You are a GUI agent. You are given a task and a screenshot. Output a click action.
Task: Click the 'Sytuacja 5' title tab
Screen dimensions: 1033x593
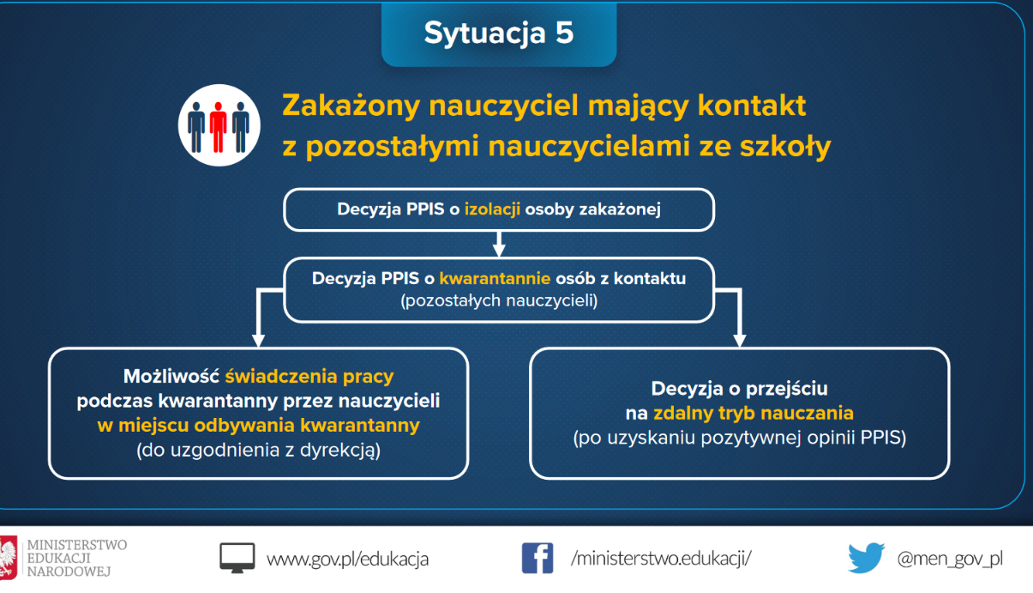tap(499, 33)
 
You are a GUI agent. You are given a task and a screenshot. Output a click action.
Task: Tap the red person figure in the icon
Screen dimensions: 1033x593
tap(218, 127)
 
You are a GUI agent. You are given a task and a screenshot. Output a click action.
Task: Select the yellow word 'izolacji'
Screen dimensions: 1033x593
tap(492, 209)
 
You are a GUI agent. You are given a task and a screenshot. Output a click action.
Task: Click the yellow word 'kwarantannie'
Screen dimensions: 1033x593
tap(495, 279)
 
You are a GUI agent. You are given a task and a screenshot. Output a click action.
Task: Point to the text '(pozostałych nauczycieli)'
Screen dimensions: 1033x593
tap(499, 301)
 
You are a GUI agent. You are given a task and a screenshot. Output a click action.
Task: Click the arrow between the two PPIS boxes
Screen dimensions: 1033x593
tap(499, 244)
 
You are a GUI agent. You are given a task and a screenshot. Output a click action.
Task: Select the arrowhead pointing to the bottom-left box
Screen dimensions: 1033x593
tap(258, 340)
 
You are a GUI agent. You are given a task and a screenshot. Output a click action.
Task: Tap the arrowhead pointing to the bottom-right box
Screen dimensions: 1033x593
tap(740, 340)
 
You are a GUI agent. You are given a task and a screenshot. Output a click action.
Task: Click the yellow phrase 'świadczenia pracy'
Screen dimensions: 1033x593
tap(309, 377)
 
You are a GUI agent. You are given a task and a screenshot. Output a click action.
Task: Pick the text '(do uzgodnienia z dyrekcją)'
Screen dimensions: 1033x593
tap(258, 450)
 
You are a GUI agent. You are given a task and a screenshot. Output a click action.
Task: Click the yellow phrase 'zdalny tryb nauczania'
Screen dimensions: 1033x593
tap(753, 413)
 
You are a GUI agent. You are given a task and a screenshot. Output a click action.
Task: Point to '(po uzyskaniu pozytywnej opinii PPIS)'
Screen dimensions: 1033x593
tap(740, 438)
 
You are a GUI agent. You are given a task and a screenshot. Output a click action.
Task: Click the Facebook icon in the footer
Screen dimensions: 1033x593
tap(538, 559)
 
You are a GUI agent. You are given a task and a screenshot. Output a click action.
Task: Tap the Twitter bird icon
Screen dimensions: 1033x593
tap(867, 558)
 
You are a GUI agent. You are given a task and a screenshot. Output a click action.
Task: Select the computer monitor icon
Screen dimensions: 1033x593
tap(237, 558)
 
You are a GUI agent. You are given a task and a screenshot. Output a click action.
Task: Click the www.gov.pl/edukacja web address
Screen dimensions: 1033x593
tap(348, 560)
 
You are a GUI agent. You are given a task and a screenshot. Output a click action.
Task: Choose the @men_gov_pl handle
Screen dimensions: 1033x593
tap(950, 560)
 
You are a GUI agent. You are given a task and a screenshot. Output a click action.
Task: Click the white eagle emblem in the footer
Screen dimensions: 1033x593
tap(8, 558)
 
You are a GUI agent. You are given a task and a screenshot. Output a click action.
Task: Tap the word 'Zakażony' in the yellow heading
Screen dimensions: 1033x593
tap(351, 106)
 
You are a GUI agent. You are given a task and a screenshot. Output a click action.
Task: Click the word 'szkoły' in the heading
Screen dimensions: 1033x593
tap(785, 147)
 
